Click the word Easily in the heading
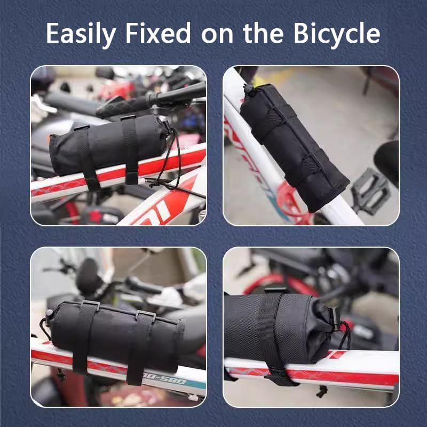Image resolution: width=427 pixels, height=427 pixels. [x=81, y=33]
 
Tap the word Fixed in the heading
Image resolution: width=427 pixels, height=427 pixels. [x=157, y=33]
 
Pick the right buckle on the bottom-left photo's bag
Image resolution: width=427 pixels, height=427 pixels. [x=145, y=315]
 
